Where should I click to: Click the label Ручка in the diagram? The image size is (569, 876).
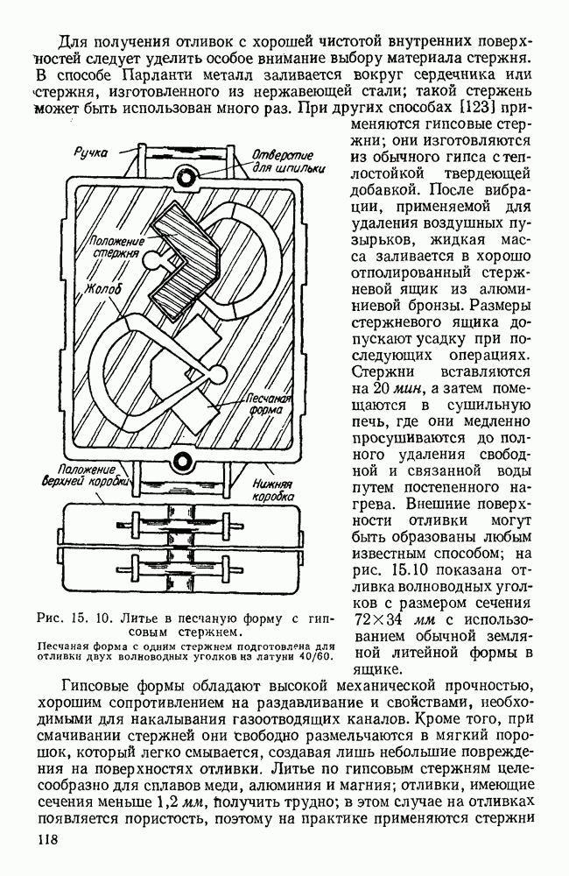point(92,152)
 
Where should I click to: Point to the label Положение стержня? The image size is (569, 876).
point(113,246)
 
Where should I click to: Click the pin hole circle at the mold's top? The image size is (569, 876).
point(184,173)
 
